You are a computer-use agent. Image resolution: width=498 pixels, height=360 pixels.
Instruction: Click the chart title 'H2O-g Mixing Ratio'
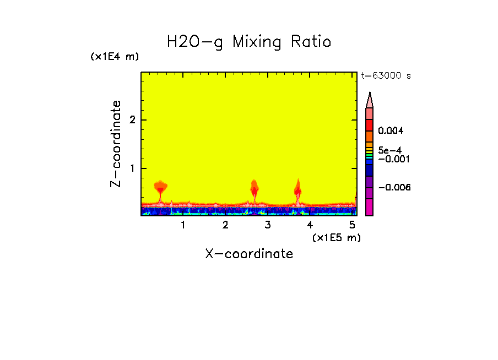[249, 42]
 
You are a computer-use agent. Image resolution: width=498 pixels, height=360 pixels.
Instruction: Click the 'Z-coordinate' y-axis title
[116, 144]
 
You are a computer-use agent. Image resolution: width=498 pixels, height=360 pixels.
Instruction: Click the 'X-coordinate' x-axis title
[249, 254]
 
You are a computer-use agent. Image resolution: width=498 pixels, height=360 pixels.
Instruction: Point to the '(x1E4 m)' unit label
[115, 57]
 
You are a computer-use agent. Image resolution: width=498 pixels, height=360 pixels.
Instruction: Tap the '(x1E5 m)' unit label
[336, 237]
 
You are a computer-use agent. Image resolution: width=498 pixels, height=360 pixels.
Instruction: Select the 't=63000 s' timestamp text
[386, 76]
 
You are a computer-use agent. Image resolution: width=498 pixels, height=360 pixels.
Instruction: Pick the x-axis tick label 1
[183, 225]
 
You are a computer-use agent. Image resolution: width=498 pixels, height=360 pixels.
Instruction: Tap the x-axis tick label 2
[225, 225]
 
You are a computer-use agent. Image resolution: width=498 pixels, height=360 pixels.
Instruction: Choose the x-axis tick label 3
[268, 225]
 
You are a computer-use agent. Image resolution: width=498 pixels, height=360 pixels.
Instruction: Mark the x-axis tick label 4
[310, 225]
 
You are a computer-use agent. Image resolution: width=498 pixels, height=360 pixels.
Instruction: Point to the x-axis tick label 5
[352, 225]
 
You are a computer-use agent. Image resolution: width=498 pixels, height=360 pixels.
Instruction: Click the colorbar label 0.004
[391, 131]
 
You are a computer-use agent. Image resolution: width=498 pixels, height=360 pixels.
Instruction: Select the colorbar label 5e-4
[389, 150]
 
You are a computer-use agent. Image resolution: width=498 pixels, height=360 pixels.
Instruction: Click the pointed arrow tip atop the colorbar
[370, 96]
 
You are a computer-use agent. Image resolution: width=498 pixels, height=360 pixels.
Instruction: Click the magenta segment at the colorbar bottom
[369, 207]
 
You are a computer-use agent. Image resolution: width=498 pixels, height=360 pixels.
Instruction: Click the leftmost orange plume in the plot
[160, 187]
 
